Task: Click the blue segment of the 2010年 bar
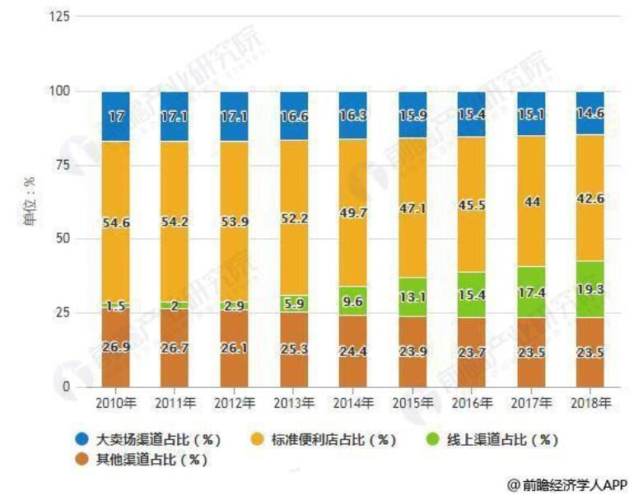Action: (x=115, y=115)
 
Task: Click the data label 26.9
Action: (x=115, y=347)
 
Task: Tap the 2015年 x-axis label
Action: (x=412, y=403)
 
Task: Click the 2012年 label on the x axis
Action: (x=234, y=403)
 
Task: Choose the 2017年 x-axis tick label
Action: (x=531, y=403)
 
